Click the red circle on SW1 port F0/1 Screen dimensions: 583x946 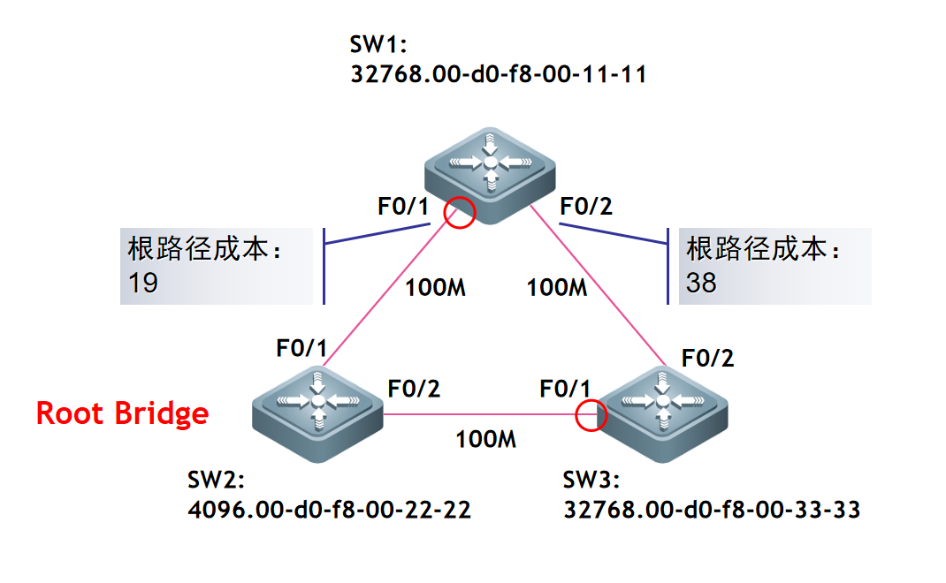(459, 212)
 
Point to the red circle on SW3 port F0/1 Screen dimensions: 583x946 (591, 414)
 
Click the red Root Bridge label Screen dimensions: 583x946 (122, 413)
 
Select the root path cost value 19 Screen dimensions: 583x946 (143, 284)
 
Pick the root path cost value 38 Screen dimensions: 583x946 (702, 284)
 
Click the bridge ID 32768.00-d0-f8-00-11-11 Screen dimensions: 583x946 (499, 74)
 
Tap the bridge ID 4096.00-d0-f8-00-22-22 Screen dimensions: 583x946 (329, 510)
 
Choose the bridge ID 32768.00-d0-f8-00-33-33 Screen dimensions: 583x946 (712, 510)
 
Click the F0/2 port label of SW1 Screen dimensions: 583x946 (586, 208)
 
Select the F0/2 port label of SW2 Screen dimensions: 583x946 (414, 388)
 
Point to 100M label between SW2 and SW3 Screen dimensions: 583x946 (485, 439)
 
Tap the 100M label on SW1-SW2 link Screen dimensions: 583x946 (435, 287)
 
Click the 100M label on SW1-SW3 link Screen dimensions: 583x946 (557, 287)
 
